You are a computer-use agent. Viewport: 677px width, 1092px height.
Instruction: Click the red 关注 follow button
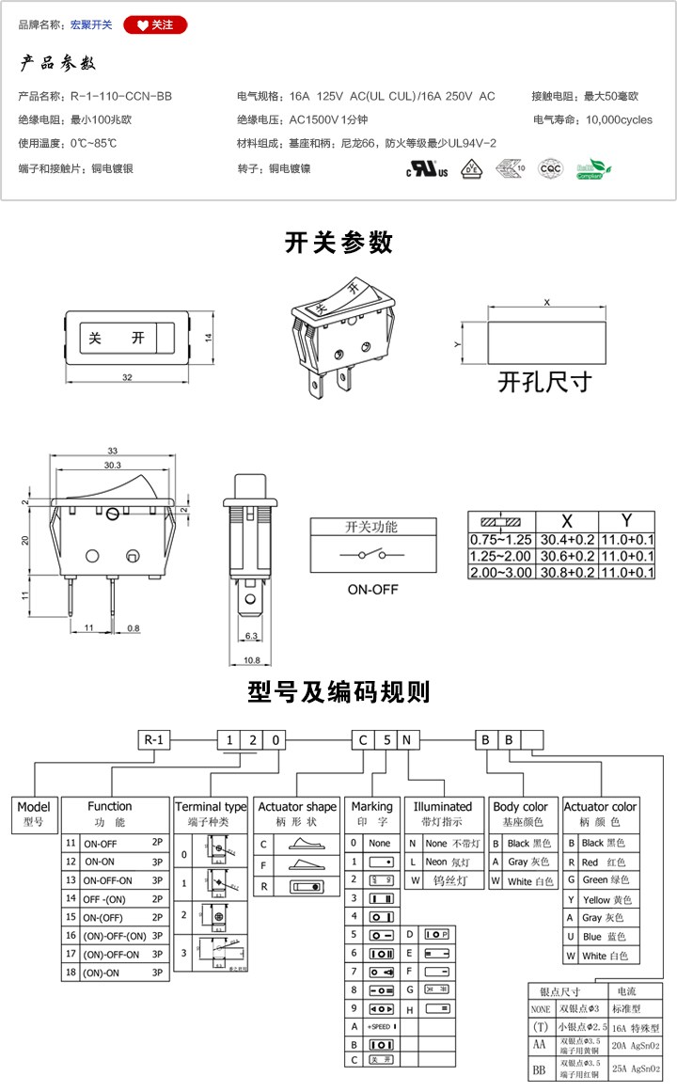pyautogui.click(x=155, y=24)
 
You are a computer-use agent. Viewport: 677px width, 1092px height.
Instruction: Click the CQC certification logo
pyautogui.click(x=549, y=169)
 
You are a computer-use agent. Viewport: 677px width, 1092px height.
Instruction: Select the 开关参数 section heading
pyautogui.click(x=338, y=243)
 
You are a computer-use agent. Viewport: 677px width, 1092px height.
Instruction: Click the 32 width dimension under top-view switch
pyautogui.click(x=127, y=377)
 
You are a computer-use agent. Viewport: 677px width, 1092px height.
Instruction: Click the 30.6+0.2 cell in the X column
pyautogui.click(x=565, y=556)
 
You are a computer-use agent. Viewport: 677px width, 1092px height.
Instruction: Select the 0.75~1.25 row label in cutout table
pyautogui.click(x=501, y=540)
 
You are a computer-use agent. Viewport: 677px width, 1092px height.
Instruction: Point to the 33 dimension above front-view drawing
pyautogui.click(x=113, y=450)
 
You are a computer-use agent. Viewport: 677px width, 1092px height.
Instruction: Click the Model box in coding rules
pyautogui.click(x=34, y=813)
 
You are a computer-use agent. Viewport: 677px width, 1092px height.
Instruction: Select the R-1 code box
pyautogui.click(x=155, y=739)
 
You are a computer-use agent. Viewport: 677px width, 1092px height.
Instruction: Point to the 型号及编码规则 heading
pyautogui.click(x=338, y=692)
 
